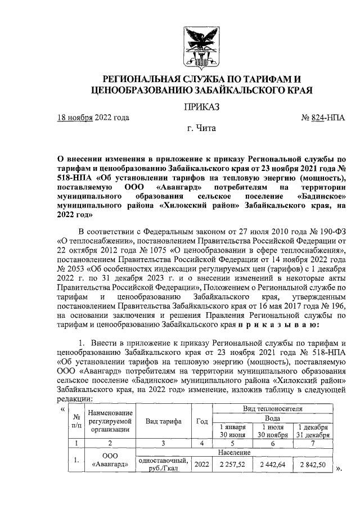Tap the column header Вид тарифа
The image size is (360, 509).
(x=165, y=422)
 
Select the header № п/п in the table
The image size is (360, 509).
(x=75, y=422)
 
